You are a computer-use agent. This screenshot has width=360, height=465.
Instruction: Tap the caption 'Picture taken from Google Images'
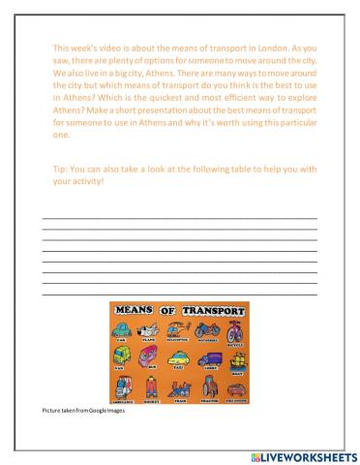click(x=82, y=412)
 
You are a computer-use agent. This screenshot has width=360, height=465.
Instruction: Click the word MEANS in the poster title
click(x=134, y=310)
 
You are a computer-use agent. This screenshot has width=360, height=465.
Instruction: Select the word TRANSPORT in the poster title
click(x=214, y=310)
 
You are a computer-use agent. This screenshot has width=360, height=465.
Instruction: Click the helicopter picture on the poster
click(x=177, y=329)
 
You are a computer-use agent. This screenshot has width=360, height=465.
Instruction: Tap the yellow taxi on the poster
click(x=179, y=359)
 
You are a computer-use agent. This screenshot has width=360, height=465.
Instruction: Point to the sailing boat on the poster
click(x=237, y=359)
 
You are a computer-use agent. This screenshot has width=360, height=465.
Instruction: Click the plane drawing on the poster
click(x=149, y=330)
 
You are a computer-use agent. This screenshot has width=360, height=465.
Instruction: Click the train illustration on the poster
click(x=179, y=389)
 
